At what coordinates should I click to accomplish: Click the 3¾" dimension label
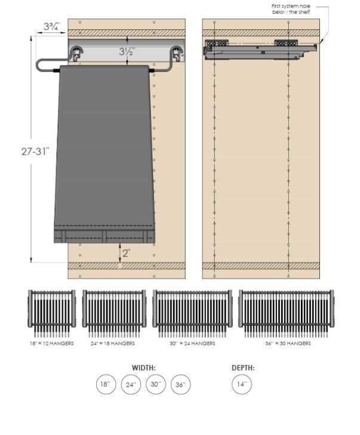(x=50, y=26)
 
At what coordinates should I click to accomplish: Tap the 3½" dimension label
(x=125, y=51)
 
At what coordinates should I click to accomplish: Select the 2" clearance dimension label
(x=126, y=253)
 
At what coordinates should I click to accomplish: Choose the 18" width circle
(x=106, y=385)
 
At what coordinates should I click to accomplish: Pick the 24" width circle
(x=131, y=385)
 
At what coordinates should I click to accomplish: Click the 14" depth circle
(x=242, y=385)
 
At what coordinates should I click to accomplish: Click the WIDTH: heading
(x=144, y=367)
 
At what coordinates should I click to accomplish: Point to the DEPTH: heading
(x=242, y=367)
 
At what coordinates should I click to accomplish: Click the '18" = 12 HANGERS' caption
(x=52, y=344)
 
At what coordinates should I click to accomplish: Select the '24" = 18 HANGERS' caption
(x=114, y=344)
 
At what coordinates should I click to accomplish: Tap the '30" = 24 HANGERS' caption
(x=192, y=344)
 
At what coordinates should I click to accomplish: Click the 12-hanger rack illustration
(x=52, y=311)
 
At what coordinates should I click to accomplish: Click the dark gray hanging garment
(x=104, y=149)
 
